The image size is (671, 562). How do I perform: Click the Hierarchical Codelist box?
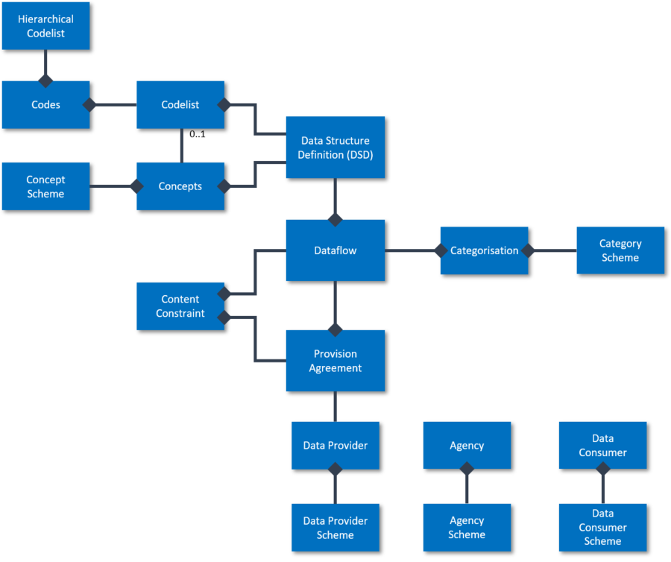click(45, 25)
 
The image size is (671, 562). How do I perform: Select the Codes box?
click(45, 105)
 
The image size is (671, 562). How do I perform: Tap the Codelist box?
click(180, 105)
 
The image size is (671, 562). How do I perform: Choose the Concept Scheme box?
click(45, 186)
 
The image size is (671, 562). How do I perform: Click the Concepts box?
click(180, 186)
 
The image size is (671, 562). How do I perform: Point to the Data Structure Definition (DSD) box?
click(335, 148)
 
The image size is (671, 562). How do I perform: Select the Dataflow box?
click(335, 250)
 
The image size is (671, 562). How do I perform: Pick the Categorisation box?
click(484, 250)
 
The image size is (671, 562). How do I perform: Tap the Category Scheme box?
click(620, 250)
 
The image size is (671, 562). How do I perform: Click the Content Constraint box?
click(180, 306)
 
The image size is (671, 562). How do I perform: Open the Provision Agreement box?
click(335, 361)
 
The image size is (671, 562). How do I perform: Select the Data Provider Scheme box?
click(335, 528)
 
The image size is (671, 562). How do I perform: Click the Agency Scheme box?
click(467, 528)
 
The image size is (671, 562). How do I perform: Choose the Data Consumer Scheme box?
click(602, 528)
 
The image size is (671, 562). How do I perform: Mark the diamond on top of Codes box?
click(45, 80)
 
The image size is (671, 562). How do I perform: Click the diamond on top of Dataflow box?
click(335, 219)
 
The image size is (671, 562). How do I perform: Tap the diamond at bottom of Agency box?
click(467, 469)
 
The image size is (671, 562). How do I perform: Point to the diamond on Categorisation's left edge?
click(440, 250)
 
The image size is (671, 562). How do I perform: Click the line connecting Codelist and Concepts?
click(180, 146)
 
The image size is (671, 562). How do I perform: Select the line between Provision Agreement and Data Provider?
click(335, 407)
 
